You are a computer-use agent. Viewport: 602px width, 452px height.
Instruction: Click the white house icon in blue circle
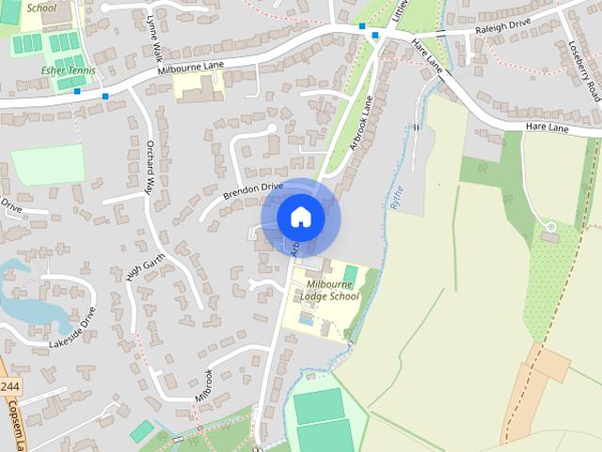pos(300,218)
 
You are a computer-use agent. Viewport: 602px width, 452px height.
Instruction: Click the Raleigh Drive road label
pos(504,30)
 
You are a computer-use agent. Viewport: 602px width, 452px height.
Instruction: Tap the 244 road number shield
pos(10,387)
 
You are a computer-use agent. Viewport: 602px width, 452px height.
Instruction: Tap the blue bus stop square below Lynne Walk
pos(105,96)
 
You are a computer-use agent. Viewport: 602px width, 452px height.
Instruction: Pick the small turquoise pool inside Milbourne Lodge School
pos(351,273)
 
